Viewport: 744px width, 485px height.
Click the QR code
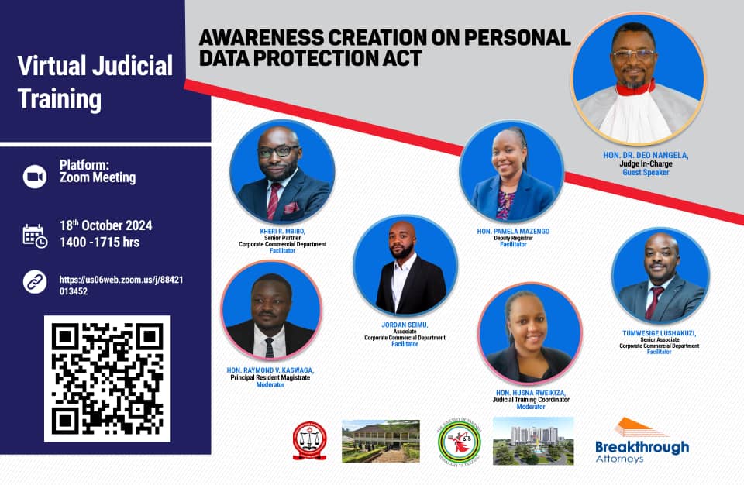(107, 378)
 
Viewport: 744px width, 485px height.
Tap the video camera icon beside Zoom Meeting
(35, 177)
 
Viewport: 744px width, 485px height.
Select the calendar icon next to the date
(35, 235)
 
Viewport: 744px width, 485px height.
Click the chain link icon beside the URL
(35, 280)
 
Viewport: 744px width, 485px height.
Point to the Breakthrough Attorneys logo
(642, 441)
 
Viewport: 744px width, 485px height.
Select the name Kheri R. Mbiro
(282, 231)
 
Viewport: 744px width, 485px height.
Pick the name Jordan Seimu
(405, 325)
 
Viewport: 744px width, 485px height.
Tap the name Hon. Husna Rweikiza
(530, 393)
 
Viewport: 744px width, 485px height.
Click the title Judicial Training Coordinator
(530, 400)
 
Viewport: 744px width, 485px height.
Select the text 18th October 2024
(105, 226)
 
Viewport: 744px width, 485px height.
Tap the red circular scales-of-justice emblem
(309, 441)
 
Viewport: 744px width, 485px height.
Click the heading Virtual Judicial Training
(95, 82)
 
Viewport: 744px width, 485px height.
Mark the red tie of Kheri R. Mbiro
(274, 201)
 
